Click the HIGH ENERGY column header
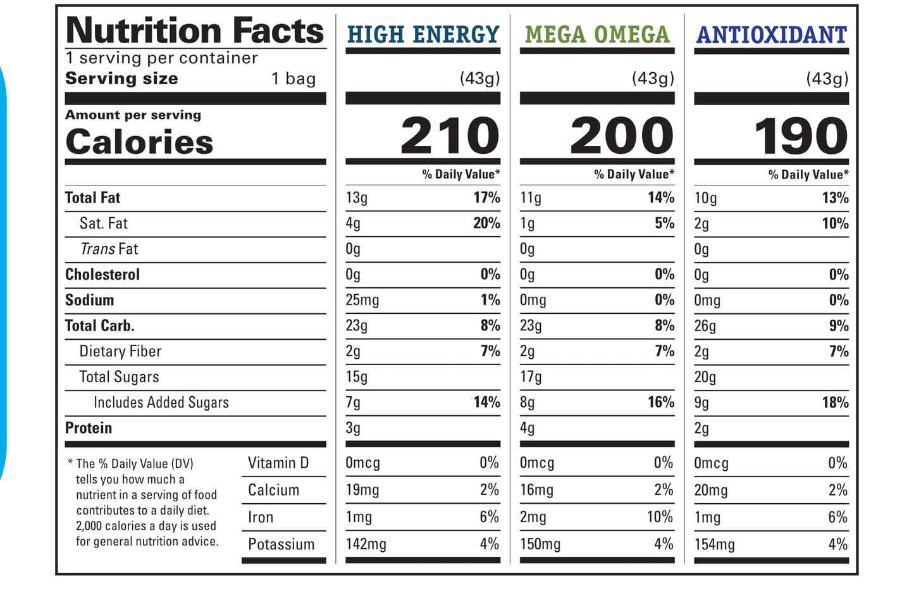pyautogui.click(x=423, y=34)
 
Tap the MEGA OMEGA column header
pyautogui.click(x=597, y=34)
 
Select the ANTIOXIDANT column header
pyautogui.click(x=771, y=34)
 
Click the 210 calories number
pyautogui.click(x=450, y=135)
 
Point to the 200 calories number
pyautogui.click(x=622, y=135)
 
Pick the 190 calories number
pyautogui.click(x=801, y=135)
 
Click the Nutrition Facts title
pyautogui.click(x=195, y=30)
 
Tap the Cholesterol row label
pyautogui.click(x=102, y=275)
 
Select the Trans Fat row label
pyautogui.click(x=109, y=249)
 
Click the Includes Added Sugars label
pyautogui.click(x=161, y=403)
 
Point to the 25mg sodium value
pyautogui.click(x=362, y=300)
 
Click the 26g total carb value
pyautogui.click(x=705, y=326)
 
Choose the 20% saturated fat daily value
pyautogui.click(x=486, y=223)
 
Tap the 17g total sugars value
pyautogui.click(x=531, y=377)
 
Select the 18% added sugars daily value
pyautogui.click(x=835, y=403)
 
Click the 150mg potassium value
pyautogui.click(x=540, y=544)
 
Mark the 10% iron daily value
pyautogui.click(x=660, y=517)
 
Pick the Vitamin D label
pyautogui.click(x=278, y=463)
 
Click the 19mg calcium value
pyautogui.click(x=362, y=490)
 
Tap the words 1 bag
pyautogui.click(x=293, y=78)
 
